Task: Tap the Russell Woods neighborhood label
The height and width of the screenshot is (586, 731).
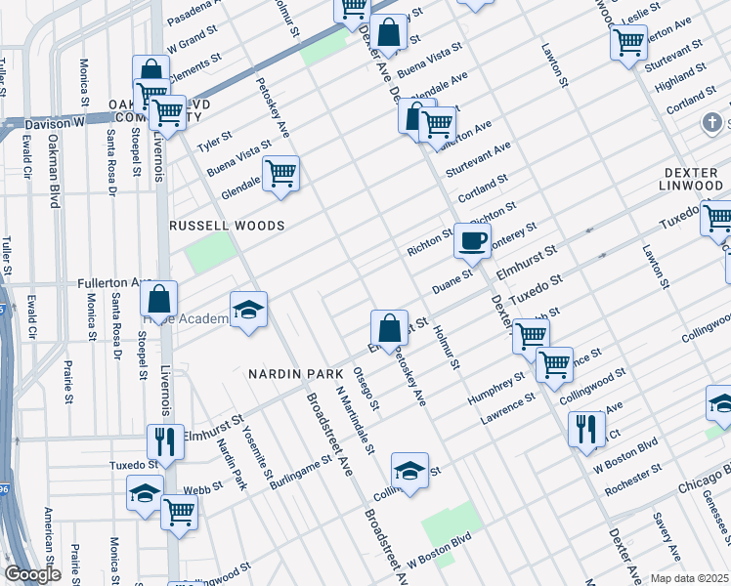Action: click(x=227, y=226)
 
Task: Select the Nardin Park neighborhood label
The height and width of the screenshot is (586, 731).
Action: click(x=295, y=374)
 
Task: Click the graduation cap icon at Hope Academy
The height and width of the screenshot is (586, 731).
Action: click(x=248, y=310)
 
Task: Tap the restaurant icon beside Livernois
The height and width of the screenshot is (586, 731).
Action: click(x=164, y=440)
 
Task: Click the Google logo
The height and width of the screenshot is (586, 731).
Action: click(x=32, y=574)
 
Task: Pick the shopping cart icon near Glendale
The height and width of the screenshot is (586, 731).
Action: click(x=281, y=174)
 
